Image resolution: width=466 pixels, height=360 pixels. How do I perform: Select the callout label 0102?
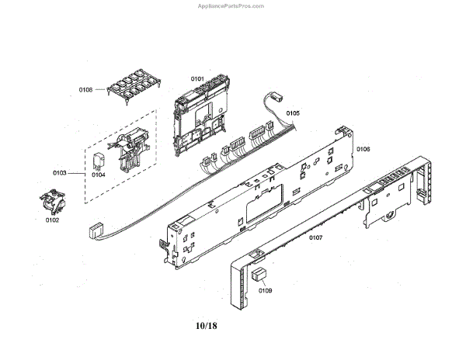[x=53, y=220]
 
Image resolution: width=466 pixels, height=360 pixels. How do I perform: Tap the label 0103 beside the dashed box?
[x=60, y=171]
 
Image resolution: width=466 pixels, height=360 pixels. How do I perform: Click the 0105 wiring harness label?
[x=292, y=113]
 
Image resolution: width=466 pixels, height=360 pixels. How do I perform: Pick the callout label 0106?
[x=363, y=147]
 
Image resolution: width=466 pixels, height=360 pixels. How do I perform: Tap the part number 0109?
[x=265, y=291]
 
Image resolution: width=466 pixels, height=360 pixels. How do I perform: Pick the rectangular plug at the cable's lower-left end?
[x=97, y=230]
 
